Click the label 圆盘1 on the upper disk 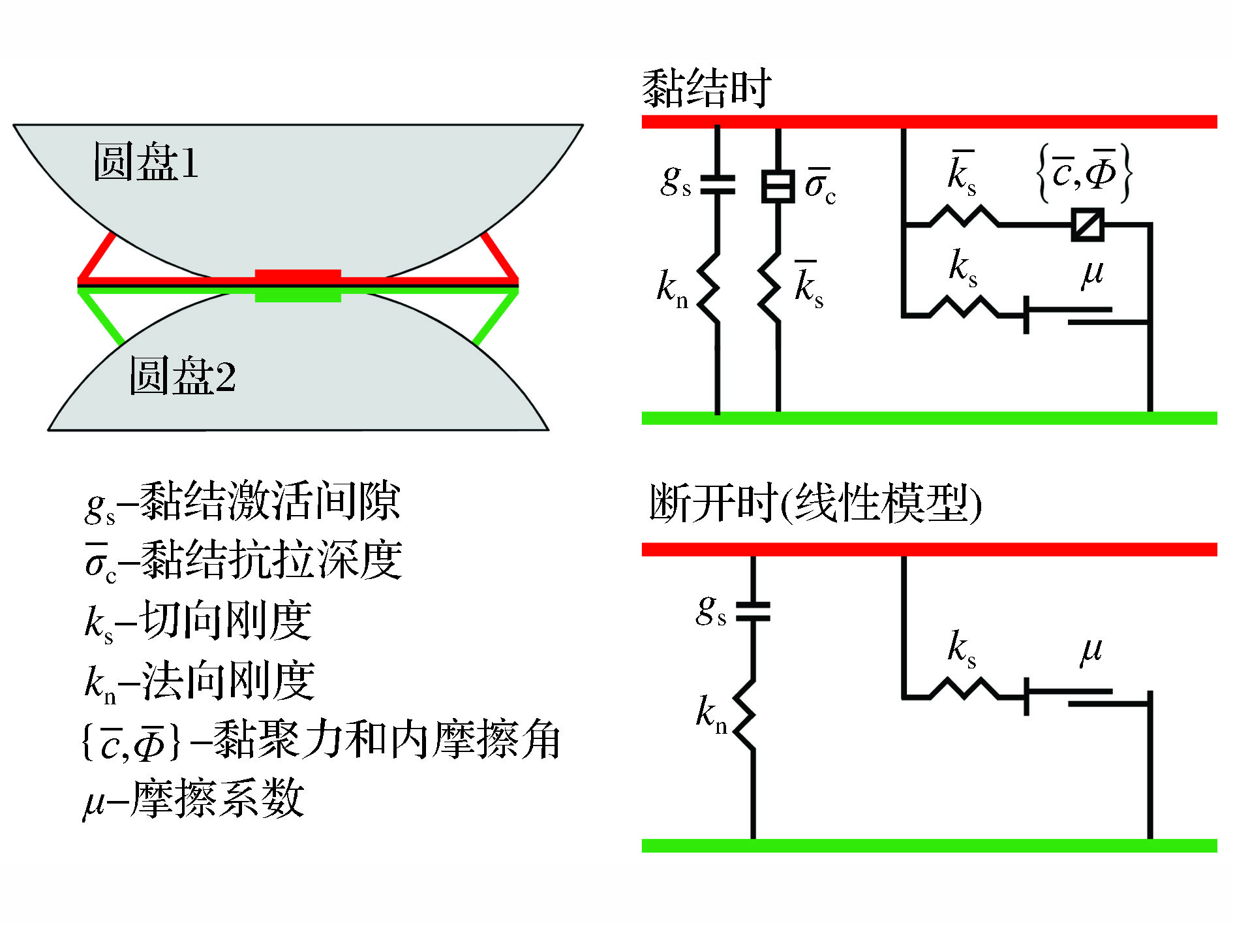pos(145,161)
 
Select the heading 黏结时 pos(706,88)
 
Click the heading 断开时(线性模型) pos(815,503)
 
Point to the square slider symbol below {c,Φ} pos(1088,225)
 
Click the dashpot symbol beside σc pos(778,185)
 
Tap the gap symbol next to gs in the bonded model pos(717,184)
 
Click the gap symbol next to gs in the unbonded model pos(753,611)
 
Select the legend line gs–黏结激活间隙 pos(242,503)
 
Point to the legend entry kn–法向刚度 pos(200,681)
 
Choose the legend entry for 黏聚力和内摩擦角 pos(320,740)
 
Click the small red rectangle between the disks pos(297,275)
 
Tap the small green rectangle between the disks pos(297,296)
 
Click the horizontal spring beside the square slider pos(964,217)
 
